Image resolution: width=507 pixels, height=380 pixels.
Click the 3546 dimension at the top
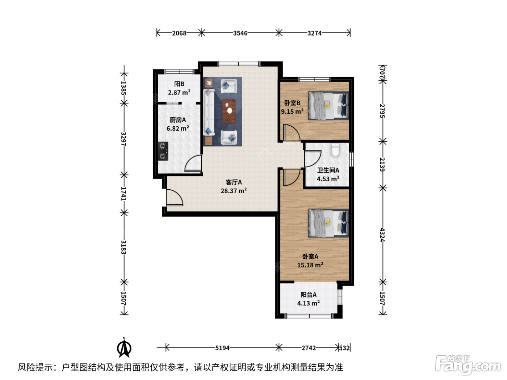coord(240,33)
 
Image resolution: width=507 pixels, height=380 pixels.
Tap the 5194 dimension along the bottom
coord(222,348)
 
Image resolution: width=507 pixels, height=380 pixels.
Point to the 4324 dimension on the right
coord(382,235)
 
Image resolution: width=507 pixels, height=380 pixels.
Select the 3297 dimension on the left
coord(123,139)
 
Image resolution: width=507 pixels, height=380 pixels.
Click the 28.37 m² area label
coord(234,191)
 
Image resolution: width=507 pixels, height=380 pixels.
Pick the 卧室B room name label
coord(292,103)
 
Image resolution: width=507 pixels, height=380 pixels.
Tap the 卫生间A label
coord(328,170)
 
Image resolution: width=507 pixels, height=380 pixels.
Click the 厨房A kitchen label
coord(177,120)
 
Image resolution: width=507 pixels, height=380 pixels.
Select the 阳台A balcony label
coord(308,295)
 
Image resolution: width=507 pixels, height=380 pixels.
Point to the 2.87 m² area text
coord(179,93)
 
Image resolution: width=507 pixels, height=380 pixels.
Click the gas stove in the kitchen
coord(163,151)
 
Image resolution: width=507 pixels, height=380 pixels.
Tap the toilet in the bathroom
coord(335,150)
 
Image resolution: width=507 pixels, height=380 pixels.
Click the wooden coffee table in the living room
coord(229,111)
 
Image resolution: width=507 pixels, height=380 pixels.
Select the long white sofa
coord(209,112)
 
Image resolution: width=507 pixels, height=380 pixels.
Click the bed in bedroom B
coord(328,106)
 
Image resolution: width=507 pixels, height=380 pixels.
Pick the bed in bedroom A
coord(328,223)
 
